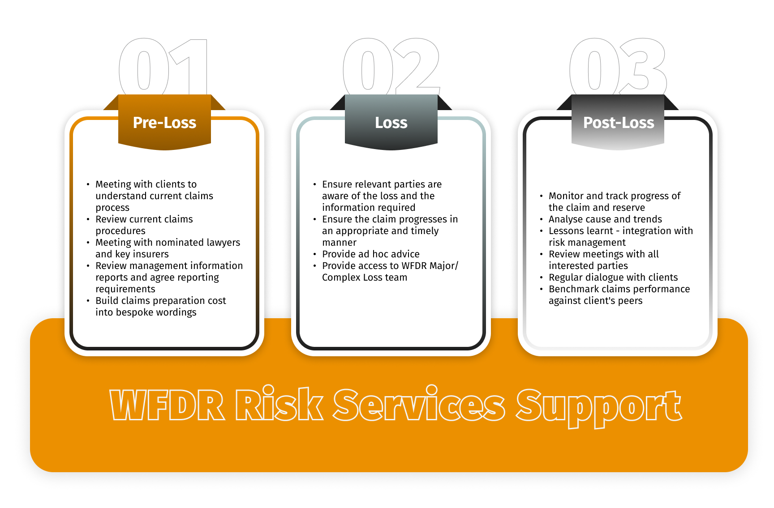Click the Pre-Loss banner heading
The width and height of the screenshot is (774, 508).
(164, 123)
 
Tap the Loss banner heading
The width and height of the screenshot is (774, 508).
(391, 123)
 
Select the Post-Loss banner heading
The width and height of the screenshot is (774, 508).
(618, 123)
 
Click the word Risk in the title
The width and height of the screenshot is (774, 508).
(279, 405)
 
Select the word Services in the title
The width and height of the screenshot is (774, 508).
(419, 405)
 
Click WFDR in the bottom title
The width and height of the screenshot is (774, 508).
(168, 406)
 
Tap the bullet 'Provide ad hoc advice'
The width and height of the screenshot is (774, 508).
(370, 254)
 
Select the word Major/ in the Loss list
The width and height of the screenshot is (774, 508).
(443, 266)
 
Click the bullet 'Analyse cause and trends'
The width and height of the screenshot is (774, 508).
(605, 219)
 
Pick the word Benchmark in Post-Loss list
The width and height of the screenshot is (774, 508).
(574, 289)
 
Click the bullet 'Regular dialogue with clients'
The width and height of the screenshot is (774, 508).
(613, 277)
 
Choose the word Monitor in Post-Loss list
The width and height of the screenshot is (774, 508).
(566, 196)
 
